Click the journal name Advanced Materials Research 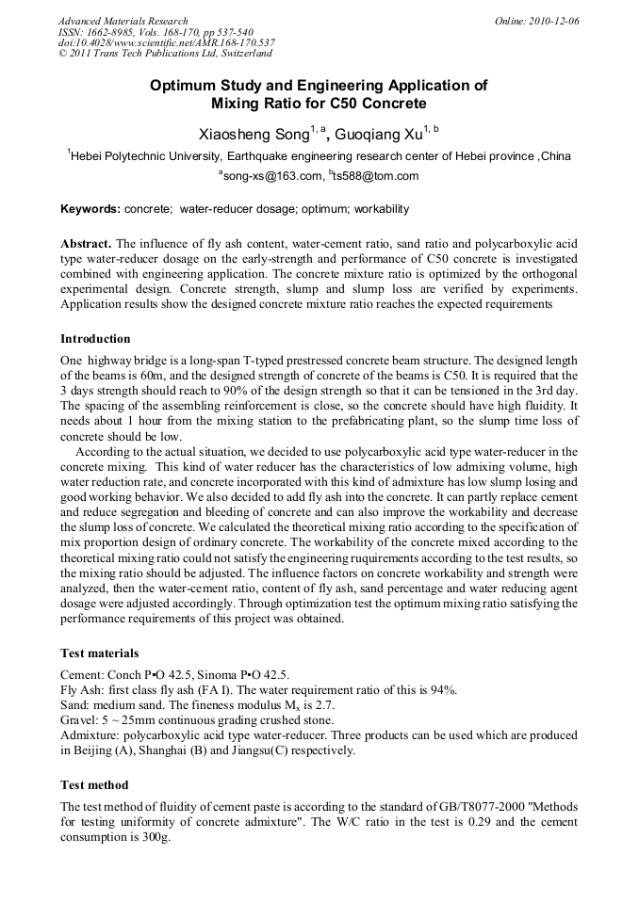point(123,21)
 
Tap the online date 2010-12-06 point(550,21)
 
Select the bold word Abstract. point(86,243)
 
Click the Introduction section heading point(95,339)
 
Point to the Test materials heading point(99,653)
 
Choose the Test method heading point(94,784)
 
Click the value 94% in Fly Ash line point(444,689)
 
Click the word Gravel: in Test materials point(80,720)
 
